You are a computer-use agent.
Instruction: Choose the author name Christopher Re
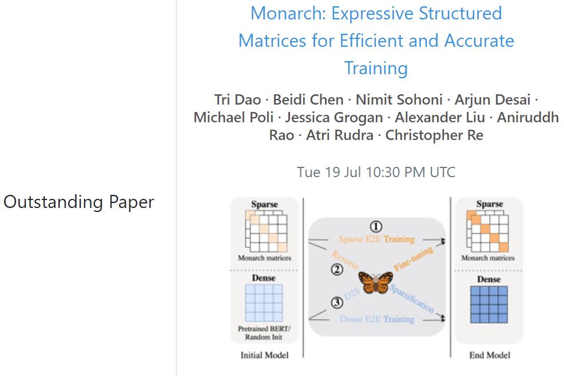click(x=434, y=135)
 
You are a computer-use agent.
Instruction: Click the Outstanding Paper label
click(x=78, y=202)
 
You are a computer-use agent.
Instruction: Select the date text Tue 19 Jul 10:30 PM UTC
click(x=376, y=172)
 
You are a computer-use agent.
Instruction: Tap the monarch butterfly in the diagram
click(x=375, y=282)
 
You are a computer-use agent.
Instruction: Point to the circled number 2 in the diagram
click(x=337, y=270)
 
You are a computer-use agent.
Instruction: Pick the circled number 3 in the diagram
click(x=337, y=303)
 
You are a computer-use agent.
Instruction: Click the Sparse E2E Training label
click(x=376, y=239)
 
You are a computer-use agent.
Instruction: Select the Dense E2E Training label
click(x=376, y=319)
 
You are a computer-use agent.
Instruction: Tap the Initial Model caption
click(x=264, y=355)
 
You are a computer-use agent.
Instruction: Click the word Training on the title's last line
click(x=376, y=68)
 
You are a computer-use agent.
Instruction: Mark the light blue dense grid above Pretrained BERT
click(x=264, y=303)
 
